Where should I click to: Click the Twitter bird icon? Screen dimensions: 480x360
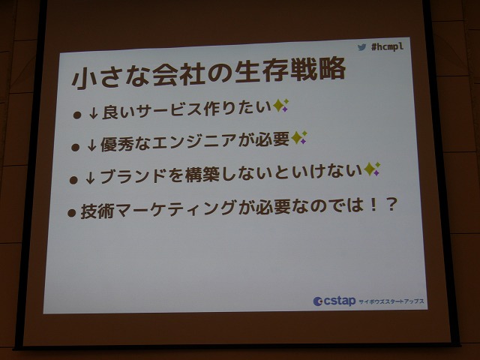click(361, 47)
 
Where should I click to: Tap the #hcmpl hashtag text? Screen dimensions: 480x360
click(387, 46)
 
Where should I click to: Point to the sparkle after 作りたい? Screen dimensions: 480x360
click(280, 105)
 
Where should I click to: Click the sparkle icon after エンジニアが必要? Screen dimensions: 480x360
click(298, 137)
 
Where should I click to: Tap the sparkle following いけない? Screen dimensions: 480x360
click(372, 169)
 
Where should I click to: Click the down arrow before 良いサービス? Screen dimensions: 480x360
click(93, 113)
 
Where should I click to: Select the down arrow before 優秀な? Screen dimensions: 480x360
click(91, 145)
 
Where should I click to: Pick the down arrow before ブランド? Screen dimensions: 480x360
click(90, 178)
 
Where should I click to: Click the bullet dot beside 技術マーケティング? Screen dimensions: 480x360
click(72, 213)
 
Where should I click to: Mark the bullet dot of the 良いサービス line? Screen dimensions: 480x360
click(77, 115)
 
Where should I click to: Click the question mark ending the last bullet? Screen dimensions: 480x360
click(391, 205)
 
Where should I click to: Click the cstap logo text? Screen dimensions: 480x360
click(339, 301)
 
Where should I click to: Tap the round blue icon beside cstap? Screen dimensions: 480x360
click(318, 301)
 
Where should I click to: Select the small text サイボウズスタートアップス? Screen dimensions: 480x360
click(391, 301)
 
